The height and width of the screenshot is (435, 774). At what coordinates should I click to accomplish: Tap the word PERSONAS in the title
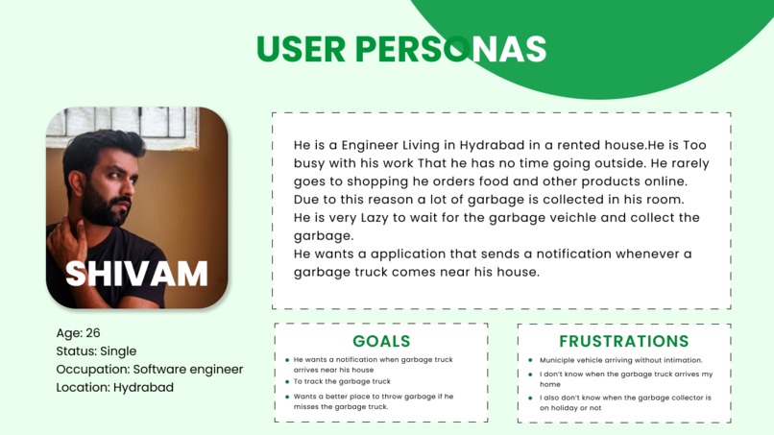[450, 49]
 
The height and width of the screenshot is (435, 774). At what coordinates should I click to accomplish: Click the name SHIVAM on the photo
[136, 274]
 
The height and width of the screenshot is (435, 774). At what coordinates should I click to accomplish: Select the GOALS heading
[381, 341]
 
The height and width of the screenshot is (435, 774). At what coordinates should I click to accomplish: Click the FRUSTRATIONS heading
[623, 341]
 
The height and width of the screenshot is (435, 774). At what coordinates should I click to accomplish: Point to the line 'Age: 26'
[79, 333]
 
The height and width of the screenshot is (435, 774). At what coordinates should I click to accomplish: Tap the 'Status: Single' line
[97, 351]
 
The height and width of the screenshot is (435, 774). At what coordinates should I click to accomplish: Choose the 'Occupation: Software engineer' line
[150, 370]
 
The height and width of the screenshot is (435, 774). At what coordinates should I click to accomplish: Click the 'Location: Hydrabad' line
[115, 388]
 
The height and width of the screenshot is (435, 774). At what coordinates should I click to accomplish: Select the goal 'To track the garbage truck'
[342, 382]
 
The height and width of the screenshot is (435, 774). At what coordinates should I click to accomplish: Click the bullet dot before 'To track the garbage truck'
[287, 382]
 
